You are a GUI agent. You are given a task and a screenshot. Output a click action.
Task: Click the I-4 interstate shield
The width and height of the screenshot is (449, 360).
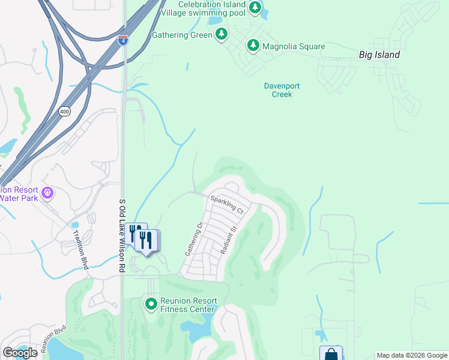(122, 40)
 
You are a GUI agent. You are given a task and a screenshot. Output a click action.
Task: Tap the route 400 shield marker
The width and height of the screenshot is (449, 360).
(65, 112)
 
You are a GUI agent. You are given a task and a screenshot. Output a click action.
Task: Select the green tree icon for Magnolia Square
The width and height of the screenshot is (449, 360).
(253, 46)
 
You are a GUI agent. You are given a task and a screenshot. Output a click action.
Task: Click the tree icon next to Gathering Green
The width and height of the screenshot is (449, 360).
(221, 34)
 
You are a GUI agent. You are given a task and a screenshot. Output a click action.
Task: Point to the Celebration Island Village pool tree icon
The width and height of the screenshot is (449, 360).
(255, 8)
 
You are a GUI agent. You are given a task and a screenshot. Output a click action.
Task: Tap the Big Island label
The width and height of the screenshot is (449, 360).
(379, 55)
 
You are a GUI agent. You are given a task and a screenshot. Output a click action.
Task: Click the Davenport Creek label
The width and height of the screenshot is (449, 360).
(282, 90)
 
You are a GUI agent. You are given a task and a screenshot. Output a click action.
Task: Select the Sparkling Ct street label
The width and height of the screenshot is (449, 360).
(227, 205)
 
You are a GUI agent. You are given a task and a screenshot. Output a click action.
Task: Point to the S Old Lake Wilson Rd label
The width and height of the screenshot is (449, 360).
(122, 236)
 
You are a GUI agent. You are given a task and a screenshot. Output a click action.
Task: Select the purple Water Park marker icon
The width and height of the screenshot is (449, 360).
(47, 193)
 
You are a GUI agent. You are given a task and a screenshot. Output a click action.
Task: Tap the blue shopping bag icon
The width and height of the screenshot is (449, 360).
(331, 355)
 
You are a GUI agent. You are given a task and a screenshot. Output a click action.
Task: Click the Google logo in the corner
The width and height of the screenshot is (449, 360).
(20, 353)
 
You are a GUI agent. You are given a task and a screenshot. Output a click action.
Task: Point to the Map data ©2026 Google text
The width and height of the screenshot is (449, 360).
(411, 355)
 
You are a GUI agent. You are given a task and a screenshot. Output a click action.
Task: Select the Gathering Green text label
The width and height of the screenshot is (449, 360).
(182, 35)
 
